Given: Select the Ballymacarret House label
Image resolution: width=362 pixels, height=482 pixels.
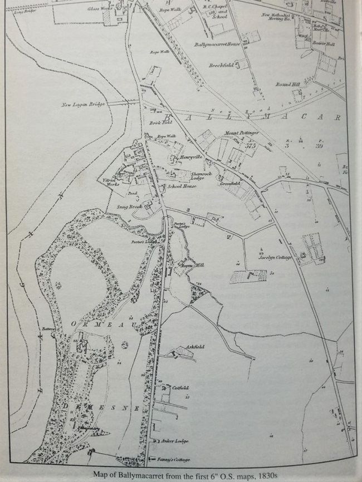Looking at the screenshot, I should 215,44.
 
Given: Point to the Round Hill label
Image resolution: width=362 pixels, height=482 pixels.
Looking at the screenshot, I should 287,84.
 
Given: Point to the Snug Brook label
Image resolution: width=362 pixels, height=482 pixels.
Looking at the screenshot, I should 129,206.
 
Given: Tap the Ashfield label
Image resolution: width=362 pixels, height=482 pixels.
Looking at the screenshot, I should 195,347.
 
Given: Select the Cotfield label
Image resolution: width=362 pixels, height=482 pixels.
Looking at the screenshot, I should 180,388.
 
